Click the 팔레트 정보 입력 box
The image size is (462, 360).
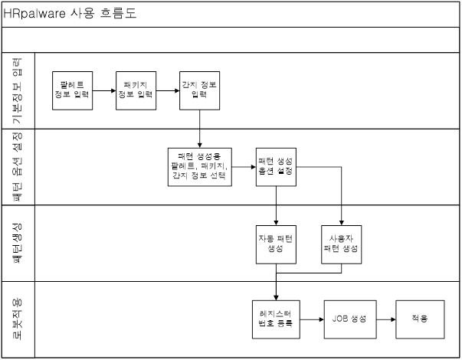tap(73, 90)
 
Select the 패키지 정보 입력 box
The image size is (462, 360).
tap(136, 90)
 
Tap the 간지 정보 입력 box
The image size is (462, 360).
tap(199, 90)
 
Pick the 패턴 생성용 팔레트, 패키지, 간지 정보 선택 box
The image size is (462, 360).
tap(200, 167)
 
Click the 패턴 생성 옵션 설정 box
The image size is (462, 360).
tap(276, 167)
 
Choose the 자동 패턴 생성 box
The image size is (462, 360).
tap(276, 244)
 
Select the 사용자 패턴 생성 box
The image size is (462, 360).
tap(342, 244)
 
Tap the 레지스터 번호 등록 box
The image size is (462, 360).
tap(276, 319)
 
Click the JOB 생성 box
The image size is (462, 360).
tap(350, 319)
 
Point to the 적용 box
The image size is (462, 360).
tap(420, 319)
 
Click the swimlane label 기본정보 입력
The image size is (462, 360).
tap(17, 90)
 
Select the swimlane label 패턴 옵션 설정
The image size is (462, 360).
tap(17, 167)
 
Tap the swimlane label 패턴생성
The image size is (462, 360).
tap(17, 244)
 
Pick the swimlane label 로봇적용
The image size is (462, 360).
tap(17, 319)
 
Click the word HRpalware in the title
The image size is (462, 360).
tap(34, 14)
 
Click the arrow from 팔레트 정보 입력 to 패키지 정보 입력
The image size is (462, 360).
tap(104, 90)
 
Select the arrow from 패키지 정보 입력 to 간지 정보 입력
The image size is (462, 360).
tap(168, 90)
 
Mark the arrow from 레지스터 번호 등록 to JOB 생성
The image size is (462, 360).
tap(312, 319)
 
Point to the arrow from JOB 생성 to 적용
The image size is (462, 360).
tap(386, 319)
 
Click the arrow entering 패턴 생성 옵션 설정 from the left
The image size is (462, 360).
tap(244, 167)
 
